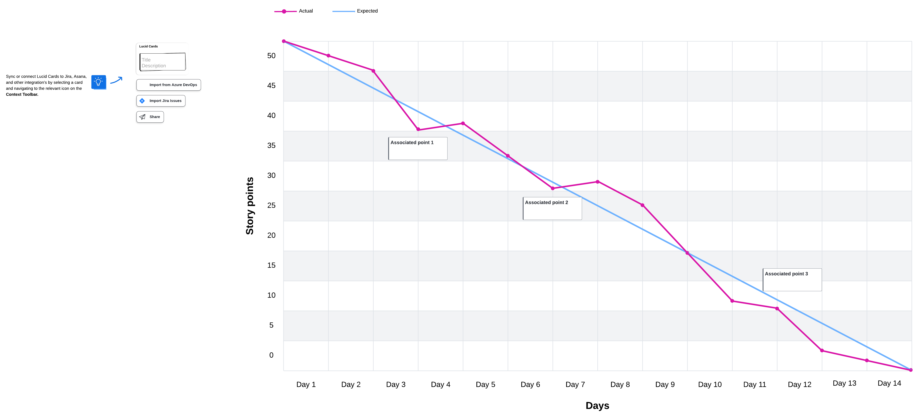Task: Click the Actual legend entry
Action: coord(294,11)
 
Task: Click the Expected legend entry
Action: coord(355,11)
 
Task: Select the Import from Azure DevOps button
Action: coord(169,85)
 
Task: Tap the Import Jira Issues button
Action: coord(161,101)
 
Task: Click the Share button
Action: coord(150,117)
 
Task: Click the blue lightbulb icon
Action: coord(98,82)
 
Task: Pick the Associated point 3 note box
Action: coord(792,280)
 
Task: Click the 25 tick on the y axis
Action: coord(271,205)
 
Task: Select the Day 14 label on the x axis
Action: coord(889,383)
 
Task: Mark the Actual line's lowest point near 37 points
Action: coord(418,129)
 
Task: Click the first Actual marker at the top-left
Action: coord(284,41)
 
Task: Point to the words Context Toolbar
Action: coord(22,95)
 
